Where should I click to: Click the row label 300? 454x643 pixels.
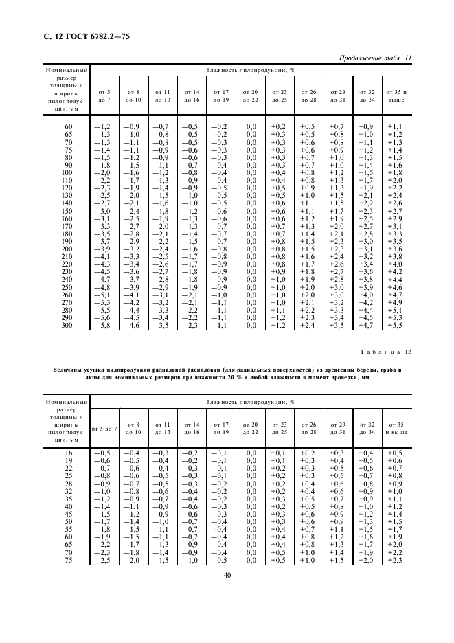pyautogui.click(x=68, y=325)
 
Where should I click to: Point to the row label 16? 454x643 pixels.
pyautogui.click(x=68, y=453)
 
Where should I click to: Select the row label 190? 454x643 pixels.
pyautogui.click(x=68, y=241)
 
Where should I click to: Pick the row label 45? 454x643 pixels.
pyautogui.click(x=68, y=514)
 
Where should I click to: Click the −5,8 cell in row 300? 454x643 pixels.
pyautogui.click(x=102, y=325)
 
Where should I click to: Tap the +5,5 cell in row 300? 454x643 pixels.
pyautogui.click(x=394, y=325)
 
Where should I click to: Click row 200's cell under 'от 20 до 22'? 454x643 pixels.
pyautogui.click(x=251, y=249)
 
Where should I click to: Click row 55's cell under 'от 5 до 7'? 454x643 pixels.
pyautogui.click(x=102, y=530)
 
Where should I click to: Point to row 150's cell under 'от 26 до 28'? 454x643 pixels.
pyautogui.click(x=308, y=211)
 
